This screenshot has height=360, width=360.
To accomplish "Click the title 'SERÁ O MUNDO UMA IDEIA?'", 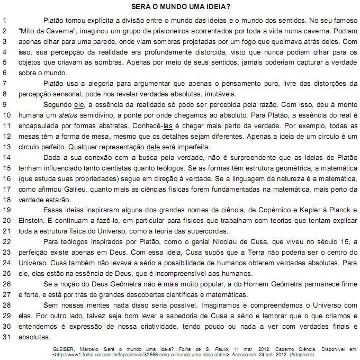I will coord(180,7).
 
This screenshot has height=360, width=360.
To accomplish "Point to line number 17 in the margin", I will coord(5,190).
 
